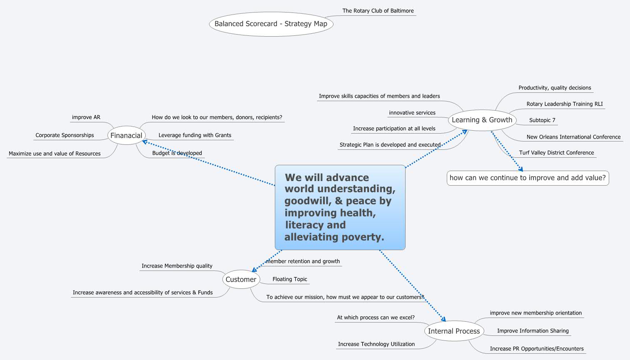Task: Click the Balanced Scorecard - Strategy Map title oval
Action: (x=271, y=24)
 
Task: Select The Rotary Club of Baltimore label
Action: (x=378, y=11)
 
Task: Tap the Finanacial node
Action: (x=126, y=135)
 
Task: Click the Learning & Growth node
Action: (x=482, y=120)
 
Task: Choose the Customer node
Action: (x=241, y=279)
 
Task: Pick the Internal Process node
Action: (x=454, y=331)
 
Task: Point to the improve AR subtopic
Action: (x=86, y=117)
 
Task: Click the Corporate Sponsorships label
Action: (x=65, y=135)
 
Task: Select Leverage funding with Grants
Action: (x=195, y=135)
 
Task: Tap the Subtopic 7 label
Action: (x=542, y=120)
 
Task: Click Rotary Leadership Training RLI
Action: (x=564, y=104)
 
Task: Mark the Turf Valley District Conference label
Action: (x=556, y=153)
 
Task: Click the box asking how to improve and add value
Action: (x=528, y=178)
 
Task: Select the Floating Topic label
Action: (x=290, y=279)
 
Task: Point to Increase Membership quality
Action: (x=177, y=266)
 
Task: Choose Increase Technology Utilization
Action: (x=376, y=344)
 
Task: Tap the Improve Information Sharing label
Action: (x=533, y=331)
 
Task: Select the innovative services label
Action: (x=412, y=113)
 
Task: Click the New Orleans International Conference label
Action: (x=573, y=137)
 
